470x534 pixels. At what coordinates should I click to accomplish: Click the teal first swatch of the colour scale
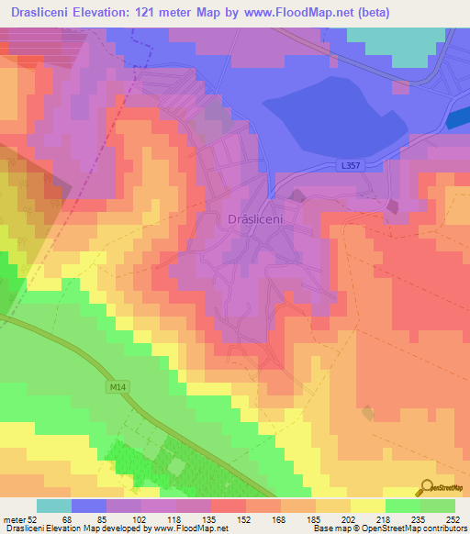[x=54, y=506]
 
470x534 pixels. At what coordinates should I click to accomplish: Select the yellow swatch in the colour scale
[x=368, y=506]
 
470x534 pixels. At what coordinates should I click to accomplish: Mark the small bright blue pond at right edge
[x=457, y=119]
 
